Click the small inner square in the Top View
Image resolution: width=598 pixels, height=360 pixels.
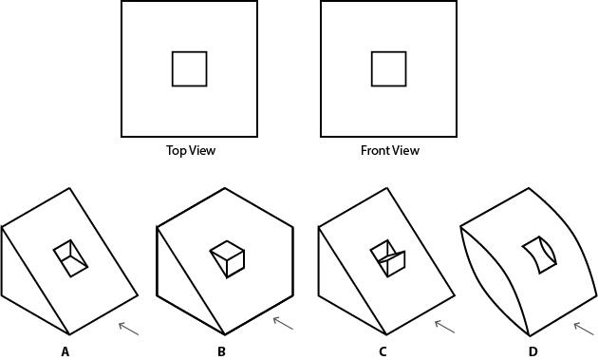189,68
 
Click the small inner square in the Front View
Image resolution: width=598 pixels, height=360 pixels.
388,68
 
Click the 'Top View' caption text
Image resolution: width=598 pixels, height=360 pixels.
191,150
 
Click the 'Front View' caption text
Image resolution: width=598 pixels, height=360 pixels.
389,150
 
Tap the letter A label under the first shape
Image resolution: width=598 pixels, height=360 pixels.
65,351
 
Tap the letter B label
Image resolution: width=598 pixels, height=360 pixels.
221,351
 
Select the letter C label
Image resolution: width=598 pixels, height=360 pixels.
383,351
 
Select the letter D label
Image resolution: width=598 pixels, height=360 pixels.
533,351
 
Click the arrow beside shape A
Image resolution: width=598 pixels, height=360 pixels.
129,328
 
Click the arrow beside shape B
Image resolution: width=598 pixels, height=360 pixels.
283,324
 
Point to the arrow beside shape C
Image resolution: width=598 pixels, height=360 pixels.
444,326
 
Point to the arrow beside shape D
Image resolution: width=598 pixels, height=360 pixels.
584,329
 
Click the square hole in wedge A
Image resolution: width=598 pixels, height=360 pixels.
71,257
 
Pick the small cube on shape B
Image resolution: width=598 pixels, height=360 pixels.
228,258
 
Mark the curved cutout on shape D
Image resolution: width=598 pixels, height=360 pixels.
538,254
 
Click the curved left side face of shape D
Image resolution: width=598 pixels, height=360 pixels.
494,280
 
